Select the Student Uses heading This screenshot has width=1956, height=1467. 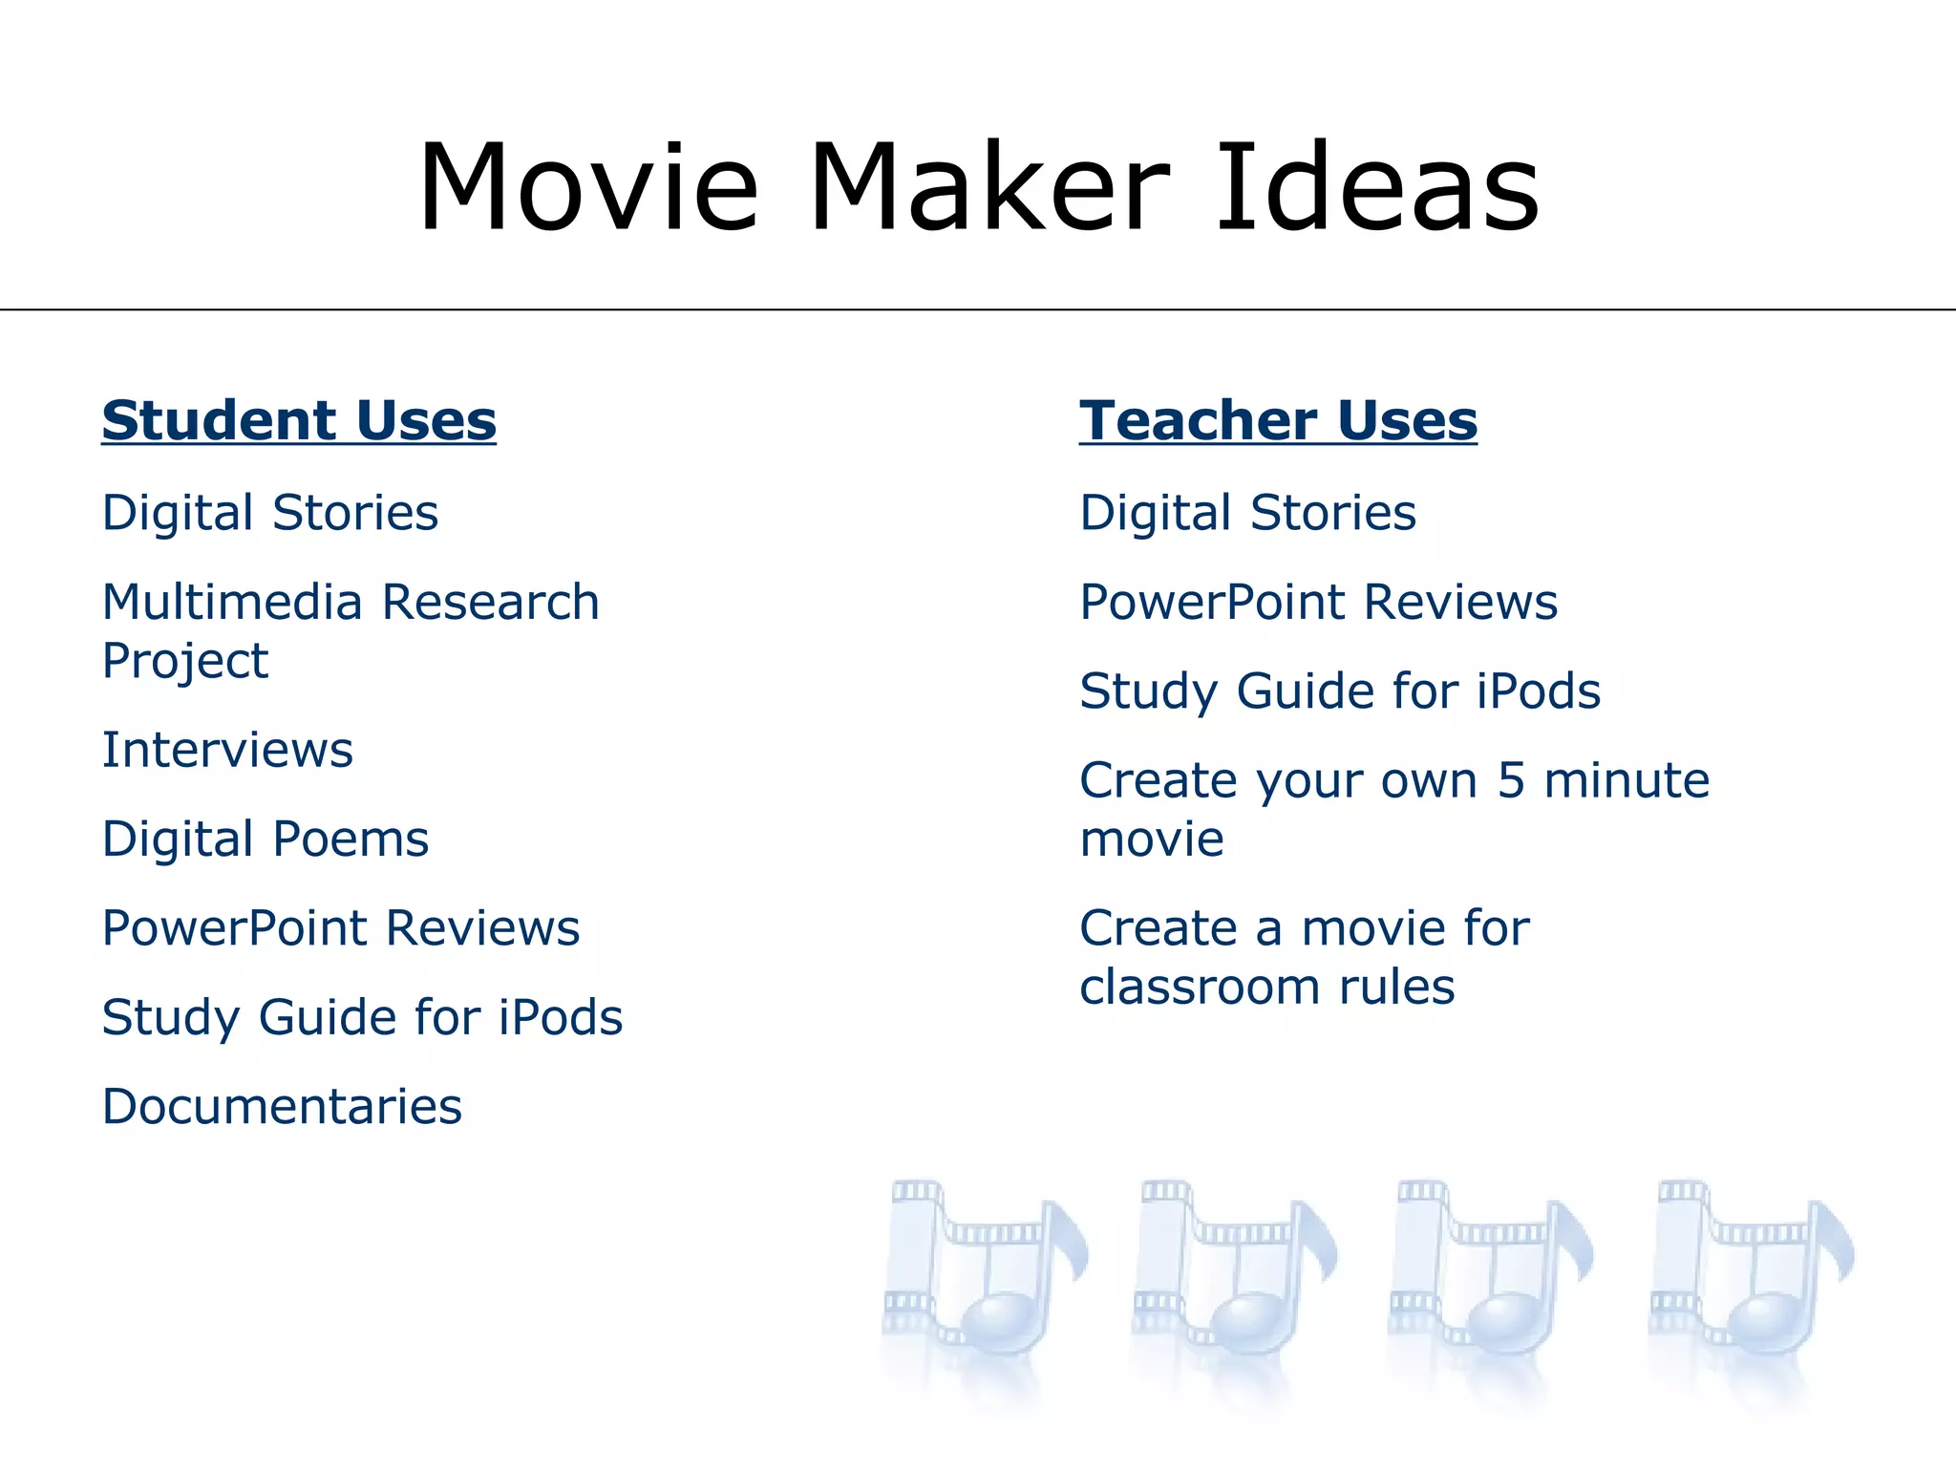click(x=299, y=420)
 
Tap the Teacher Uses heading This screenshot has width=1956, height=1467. click(x=1278, y=420)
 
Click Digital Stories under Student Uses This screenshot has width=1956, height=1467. click(x=270, y=513)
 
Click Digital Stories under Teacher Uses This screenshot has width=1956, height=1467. click(x=1247, y=513)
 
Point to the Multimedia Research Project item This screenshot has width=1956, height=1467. click(x=350, y=630)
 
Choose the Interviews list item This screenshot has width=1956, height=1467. click(x=227, y=750)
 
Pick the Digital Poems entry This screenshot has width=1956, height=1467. click(x=266, y=840)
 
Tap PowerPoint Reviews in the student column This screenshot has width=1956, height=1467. click(x=341, y=928)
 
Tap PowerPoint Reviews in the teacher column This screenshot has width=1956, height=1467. click(x=1318, y=603)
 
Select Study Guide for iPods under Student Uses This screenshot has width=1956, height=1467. click(x=362, y=1018)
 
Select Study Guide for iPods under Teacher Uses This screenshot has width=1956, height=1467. click(x=1339, y=691)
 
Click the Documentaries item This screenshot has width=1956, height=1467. click(x=282, y=1107)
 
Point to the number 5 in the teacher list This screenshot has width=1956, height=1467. click(x=1511, y=780)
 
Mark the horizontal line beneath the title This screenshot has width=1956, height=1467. click(x=978, y=309)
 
